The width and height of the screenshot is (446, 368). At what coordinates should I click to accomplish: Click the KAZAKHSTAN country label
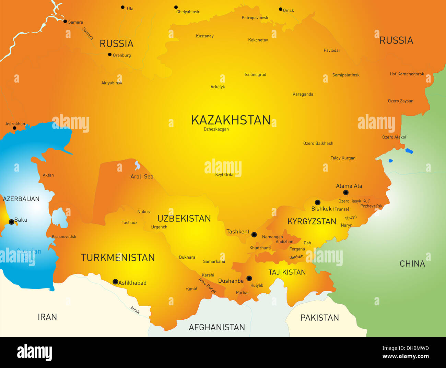coord(231,120)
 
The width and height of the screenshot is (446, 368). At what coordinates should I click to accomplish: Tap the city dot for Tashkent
coord(254,235)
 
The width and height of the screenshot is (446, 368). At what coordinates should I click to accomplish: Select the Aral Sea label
coord(142,176)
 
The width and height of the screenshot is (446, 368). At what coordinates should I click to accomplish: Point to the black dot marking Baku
coord(11,222)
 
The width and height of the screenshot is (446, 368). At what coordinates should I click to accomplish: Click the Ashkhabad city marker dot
coord(115,282)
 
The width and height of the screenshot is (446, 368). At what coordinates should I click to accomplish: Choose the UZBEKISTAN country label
coord(184,219)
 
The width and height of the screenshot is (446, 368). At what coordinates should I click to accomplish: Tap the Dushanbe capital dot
coord(249,278)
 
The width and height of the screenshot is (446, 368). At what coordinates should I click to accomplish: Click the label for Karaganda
coord(303,94)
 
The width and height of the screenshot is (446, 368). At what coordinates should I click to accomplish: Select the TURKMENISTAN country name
coord(118,258)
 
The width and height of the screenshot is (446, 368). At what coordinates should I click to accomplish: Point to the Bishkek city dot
coord(318,203)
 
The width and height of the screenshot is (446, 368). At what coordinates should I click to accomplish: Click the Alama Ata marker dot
coord(346,193)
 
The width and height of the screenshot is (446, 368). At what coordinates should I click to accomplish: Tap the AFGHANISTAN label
coord(217,327)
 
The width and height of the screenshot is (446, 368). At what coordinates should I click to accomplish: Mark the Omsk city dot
coord(281,9)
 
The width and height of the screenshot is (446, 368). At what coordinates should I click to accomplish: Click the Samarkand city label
coord(214,261)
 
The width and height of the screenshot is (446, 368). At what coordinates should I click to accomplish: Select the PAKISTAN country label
coord(319,318)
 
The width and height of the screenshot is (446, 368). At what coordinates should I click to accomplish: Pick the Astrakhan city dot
coord(14,128)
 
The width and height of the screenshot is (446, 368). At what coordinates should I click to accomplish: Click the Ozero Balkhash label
coord(318,143)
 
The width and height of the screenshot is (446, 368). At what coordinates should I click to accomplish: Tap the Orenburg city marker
coord(110,54)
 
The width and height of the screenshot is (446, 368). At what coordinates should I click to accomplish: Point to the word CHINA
coord(412,264)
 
